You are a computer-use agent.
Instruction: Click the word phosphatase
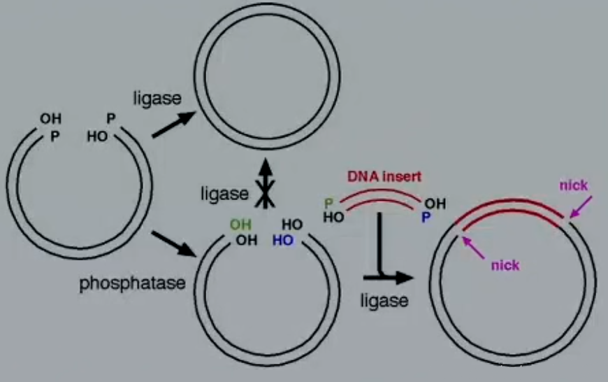[x=132, y=283]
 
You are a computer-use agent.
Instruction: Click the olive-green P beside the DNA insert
[x=328, y=204]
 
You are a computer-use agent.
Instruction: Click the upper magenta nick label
[x=574, y=185]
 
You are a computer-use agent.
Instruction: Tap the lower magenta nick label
[x=505, y=264]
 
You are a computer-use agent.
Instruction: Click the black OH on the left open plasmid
[x=50, y=119]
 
